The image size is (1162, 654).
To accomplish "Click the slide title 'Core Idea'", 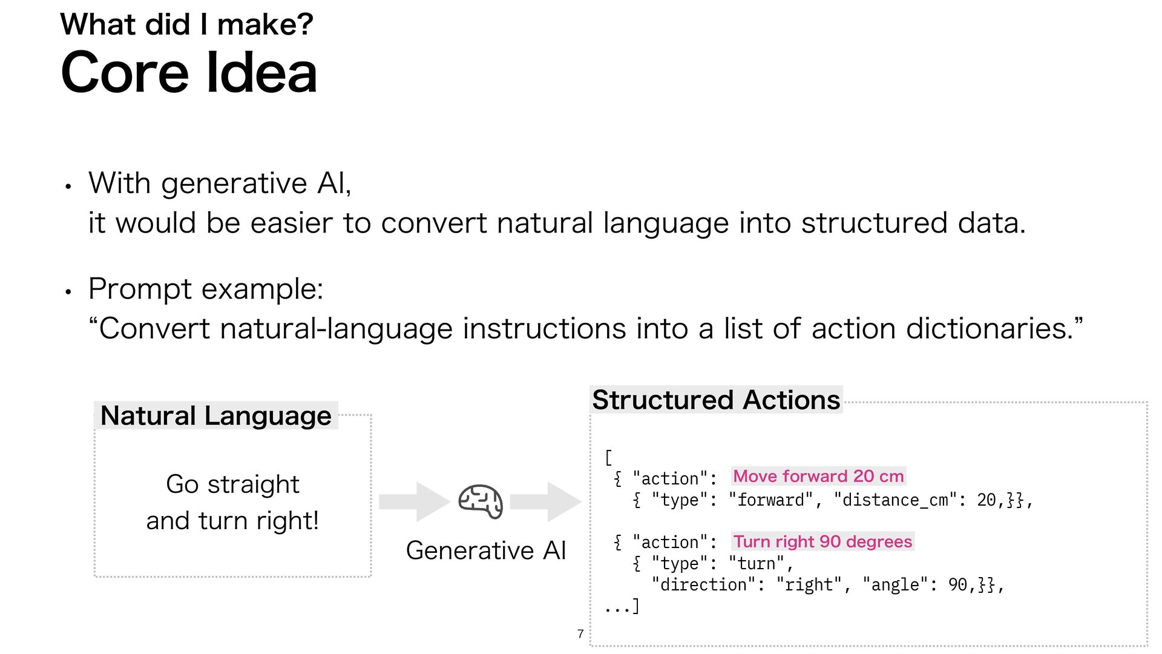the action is click(x=189, y=73).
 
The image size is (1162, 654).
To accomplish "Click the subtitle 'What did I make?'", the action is click(x=186, y=25).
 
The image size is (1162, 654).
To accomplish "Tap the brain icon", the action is click(x=481, y=501).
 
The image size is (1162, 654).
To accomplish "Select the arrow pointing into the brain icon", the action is click(x=414, y=501).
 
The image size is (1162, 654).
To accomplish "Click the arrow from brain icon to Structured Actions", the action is click(x=545, y=501).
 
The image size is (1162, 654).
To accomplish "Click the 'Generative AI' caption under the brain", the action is click(x=485, y=550).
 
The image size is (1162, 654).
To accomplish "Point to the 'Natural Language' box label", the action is click(x=215, y=416).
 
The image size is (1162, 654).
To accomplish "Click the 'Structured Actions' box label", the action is click(x=716, y=400).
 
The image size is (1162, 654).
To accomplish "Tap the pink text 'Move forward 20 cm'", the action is click(x=818, y=477).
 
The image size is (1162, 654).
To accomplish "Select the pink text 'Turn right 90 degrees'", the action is click(x=822, y=541).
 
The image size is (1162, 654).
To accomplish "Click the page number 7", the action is click(x=580, y=634).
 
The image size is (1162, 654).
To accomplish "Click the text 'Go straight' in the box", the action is click(x=232, y=484).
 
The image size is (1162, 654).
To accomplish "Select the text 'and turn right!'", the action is click(x=232, y=521).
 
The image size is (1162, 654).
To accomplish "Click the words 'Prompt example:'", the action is click(x=206, y=289).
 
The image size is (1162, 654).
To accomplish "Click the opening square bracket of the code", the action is click(x=608, y=457).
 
